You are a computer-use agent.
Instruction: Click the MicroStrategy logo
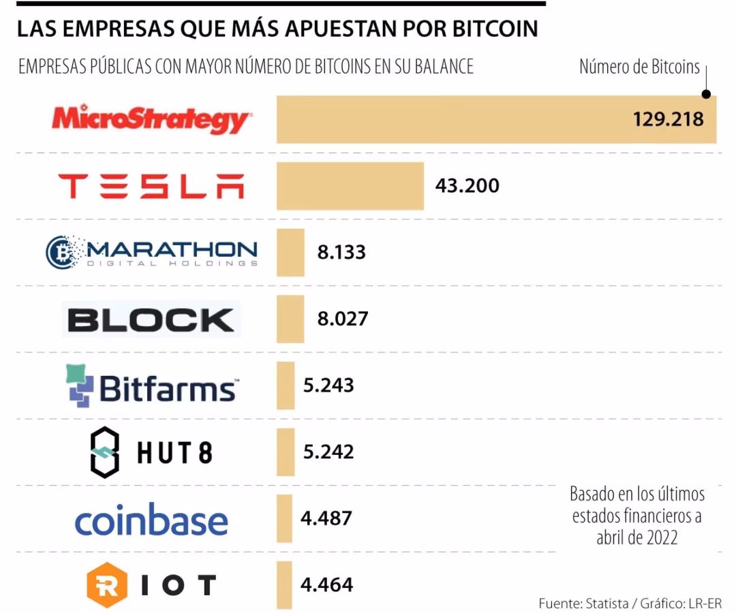tap(151, 119)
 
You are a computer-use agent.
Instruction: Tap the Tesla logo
tap(151, 186)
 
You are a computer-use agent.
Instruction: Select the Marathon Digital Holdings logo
tap(151, 252)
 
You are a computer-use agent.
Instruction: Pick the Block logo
tap(151, 319)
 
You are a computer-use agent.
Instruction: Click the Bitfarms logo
tap(151, 386)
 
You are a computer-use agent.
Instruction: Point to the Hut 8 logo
tap(151, 452)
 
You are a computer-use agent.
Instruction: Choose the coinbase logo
tap(151, 520)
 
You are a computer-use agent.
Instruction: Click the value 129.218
tap(667, 119)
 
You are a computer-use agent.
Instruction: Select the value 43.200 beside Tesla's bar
tap(467, 185)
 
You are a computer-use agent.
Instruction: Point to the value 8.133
tap(341, 252)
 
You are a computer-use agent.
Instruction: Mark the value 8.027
tap(342, 319)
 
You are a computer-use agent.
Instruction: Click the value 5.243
tap(328, 386)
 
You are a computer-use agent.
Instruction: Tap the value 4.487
tap(326, 518)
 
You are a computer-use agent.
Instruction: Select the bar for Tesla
tap(350, 186)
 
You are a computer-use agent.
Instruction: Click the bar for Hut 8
tap(286, 452)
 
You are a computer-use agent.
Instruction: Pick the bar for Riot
tap(284, 585)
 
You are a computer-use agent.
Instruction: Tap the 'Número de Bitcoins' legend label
tap(639, 67)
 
